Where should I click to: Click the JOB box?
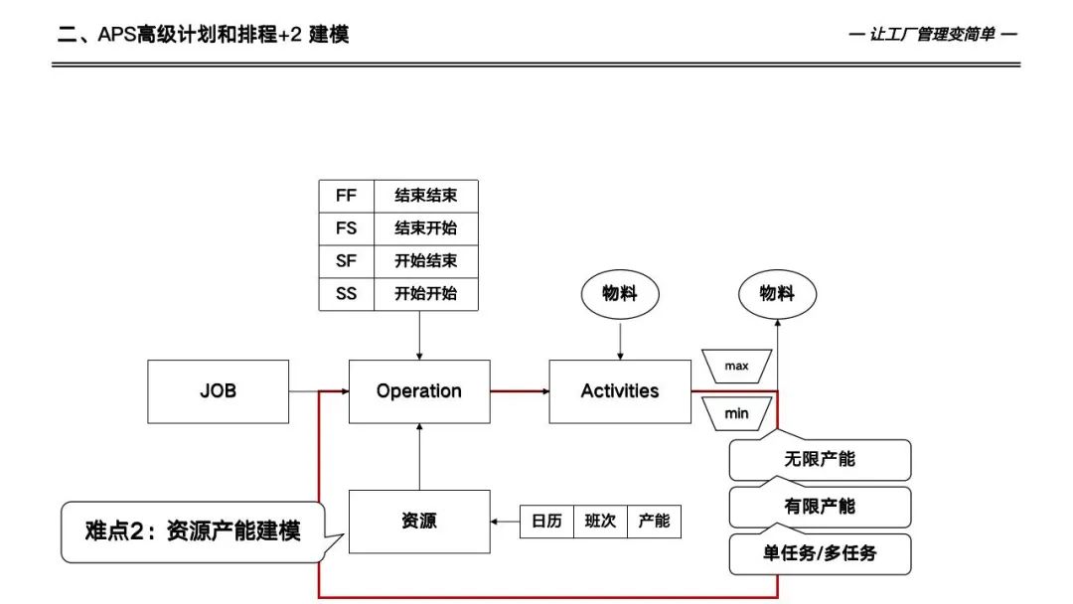coord(219,391)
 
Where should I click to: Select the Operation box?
coord(419,391)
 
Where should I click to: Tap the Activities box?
coord(620,391)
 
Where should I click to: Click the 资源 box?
coord(419,521)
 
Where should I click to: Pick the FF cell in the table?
coord(346,196)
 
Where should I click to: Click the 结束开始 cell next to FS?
coord(425,228)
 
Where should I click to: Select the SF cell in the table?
coord(346,261)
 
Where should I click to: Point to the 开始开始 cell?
coord(425,294)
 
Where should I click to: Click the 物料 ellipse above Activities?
coord(620,294)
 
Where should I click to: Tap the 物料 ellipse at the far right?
coord(778,294)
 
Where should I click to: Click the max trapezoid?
coord(736,366)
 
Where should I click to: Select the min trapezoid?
coord(736,411)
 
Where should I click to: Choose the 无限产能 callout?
coord(820,460)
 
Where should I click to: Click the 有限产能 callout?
coord(820,507)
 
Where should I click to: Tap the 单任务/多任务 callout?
coord(820,553)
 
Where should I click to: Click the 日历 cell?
coord(546,522)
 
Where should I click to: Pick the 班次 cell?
coord(600,522)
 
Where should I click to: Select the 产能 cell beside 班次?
coord(654,522)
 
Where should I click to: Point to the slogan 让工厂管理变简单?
coord(934,35)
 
